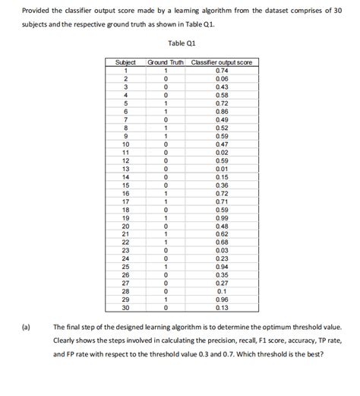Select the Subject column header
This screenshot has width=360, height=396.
[124, 62]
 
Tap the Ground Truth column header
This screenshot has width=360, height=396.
[166, 62]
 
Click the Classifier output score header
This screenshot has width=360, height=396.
[222, 62]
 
